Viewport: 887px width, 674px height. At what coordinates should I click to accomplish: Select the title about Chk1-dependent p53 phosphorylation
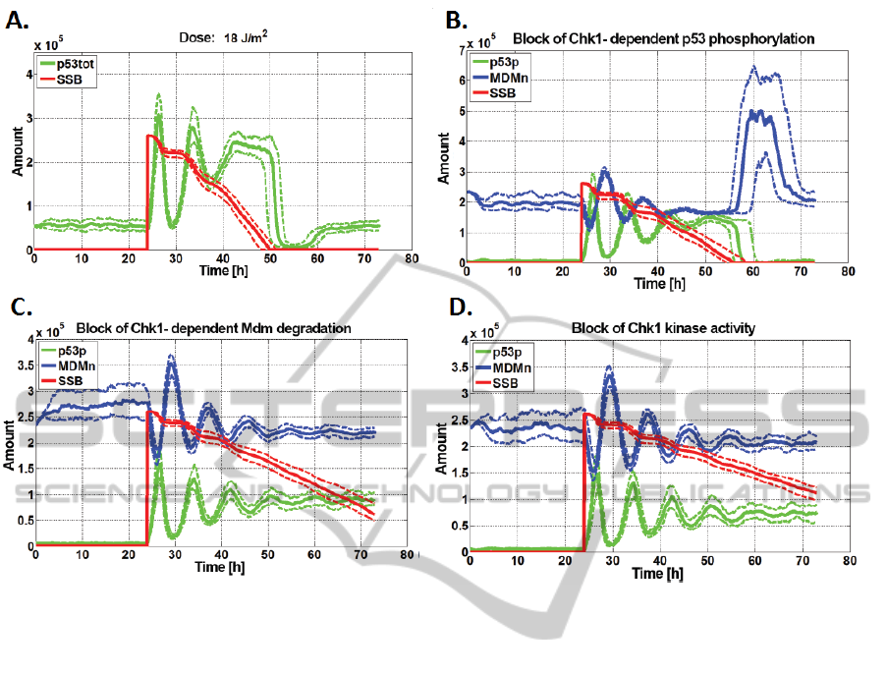tap(660, 37)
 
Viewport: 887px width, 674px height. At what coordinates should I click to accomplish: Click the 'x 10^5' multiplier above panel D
tap(483, 326)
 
